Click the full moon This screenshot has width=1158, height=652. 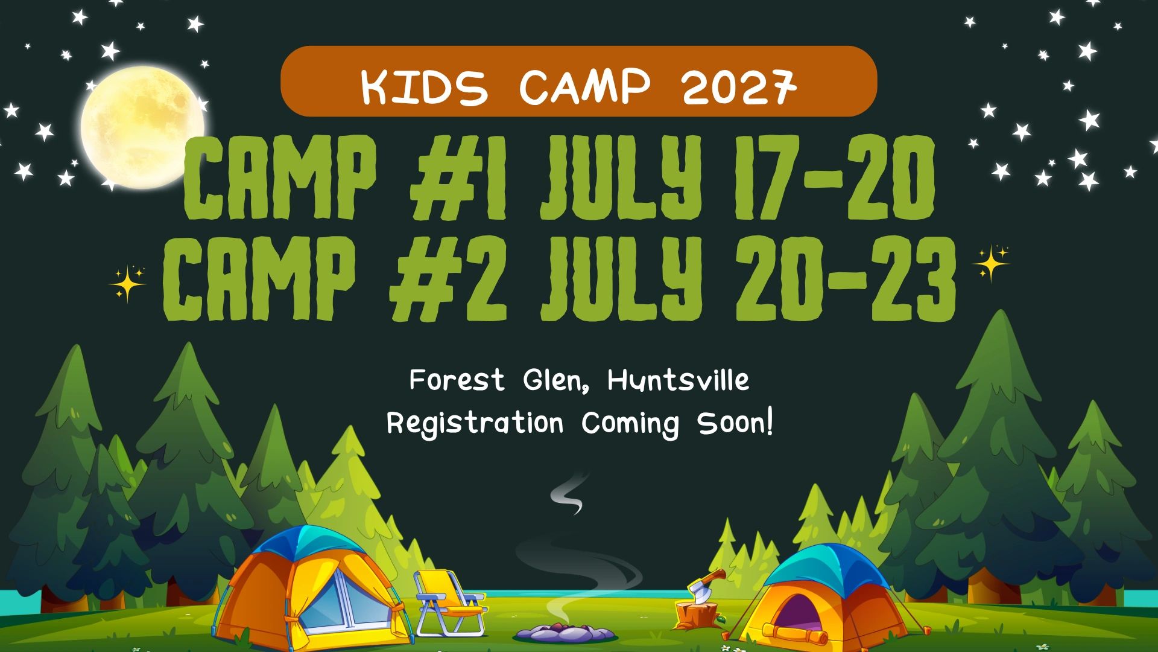click(x=142, y=127)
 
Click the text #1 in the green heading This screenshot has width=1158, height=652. click(x=458, y=179)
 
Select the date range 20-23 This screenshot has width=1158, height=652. click(x=845, y=278)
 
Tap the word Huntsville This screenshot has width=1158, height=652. click(x=678, y=380)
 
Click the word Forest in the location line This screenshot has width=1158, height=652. click(x=457, y=380)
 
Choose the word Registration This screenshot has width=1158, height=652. click(x=475, y=424)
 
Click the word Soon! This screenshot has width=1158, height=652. click(x=735, y=423)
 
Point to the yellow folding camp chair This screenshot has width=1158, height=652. click(x=449, y=602)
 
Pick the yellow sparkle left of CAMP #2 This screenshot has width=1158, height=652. click(x=128, y=283)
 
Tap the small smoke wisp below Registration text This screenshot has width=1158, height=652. click(x=568, y=494)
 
